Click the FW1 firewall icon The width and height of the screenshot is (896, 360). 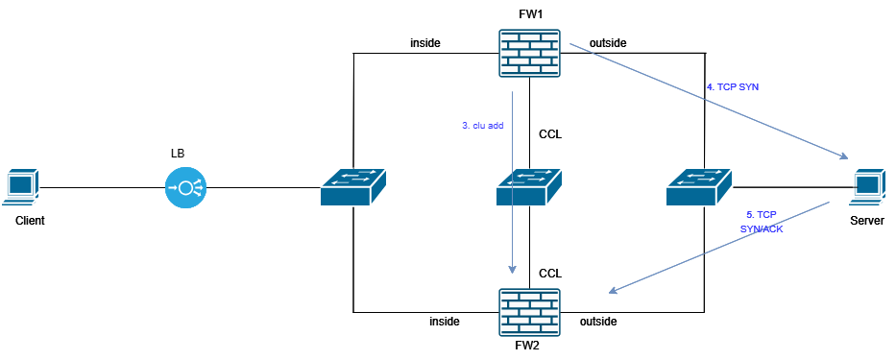(529, 52)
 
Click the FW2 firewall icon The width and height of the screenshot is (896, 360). (529, 311)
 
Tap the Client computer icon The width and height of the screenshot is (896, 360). (22, 187)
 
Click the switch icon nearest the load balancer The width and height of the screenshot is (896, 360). (352, 186)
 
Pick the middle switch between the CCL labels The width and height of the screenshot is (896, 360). (529, 186)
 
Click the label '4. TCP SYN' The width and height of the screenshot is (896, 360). (733, 86)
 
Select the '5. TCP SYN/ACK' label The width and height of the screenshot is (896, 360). (762, 221)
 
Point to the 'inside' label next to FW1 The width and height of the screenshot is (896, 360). (424, 43)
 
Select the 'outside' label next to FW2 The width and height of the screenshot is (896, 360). (598, 321)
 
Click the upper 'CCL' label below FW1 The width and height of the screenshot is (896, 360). (550, 134)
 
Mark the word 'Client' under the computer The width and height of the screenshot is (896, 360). (30, 221)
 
